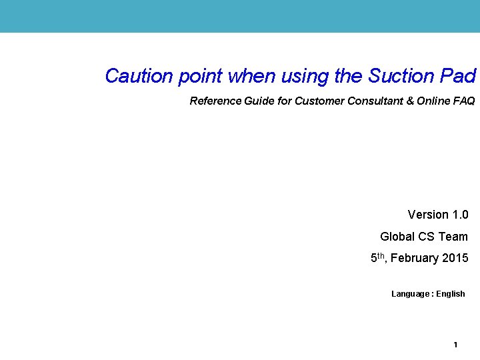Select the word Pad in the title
point(458,76)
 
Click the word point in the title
point(200,77)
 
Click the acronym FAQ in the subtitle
point(464,101)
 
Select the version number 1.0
point(460,215)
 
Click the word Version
point(428,215)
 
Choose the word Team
point(454,237)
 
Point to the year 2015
point(455,258)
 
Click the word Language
point(410,294)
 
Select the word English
point(451,294)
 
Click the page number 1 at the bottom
point(455,345)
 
